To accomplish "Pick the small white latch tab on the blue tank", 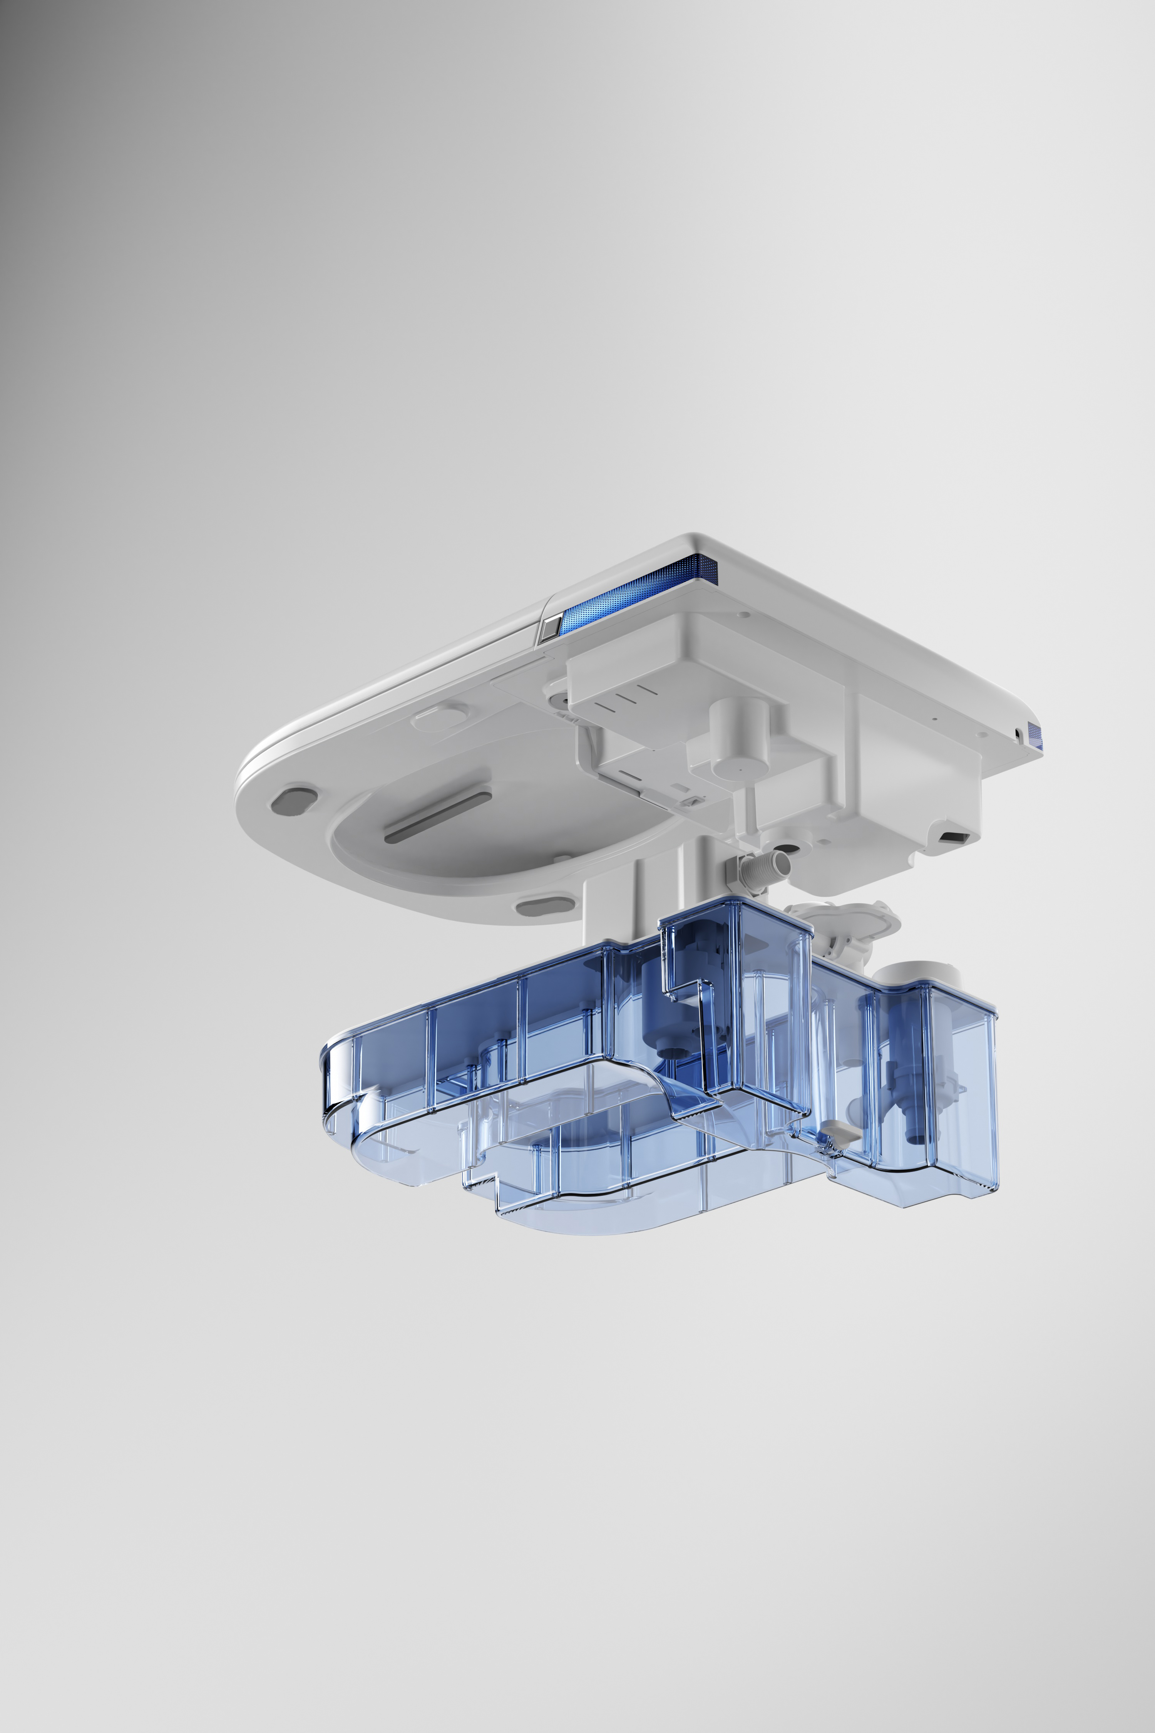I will tap(836, 1130).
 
